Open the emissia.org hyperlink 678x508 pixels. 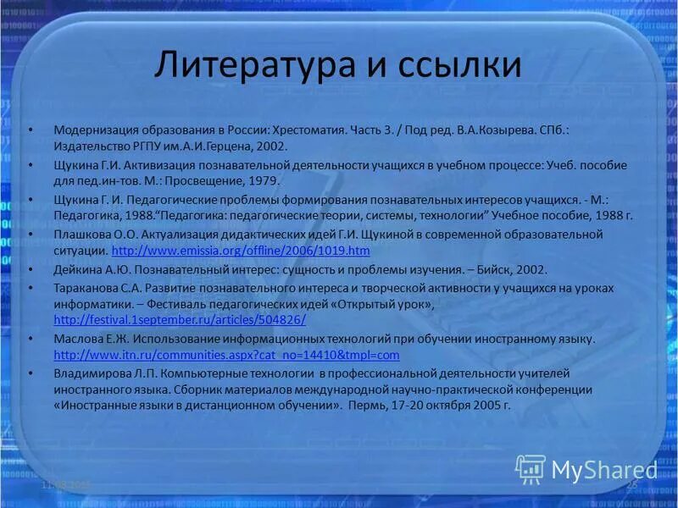[241, 251]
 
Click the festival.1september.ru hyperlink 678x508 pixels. [179, 319]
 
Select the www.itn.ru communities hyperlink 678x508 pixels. [225, 355]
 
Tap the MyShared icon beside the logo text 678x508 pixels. [531, 468]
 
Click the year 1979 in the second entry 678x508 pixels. [261, 180]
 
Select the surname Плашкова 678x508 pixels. [82, 234]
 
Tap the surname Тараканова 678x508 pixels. [86, 288]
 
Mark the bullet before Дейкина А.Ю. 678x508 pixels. [31, 269]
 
